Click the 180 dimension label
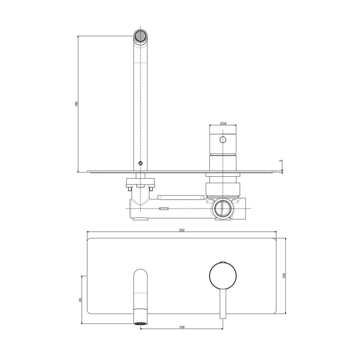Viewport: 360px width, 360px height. click(x=77, y=104)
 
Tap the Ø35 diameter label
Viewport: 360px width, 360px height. click(x=223, y=123)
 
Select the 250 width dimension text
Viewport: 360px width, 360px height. click(x=181, y=230)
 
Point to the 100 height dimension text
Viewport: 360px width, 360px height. click(x=284, y=275)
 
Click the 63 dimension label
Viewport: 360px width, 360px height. click(x=80, y=300)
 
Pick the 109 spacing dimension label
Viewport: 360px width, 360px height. click(x=181, y=327)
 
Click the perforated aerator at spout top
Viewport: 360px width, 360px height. click(x=140, y=36)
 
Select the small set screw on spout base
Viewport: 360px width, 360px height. click(x=140, y=163)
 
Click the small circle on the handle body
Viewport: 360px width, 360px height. click(x=223, y=140)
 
